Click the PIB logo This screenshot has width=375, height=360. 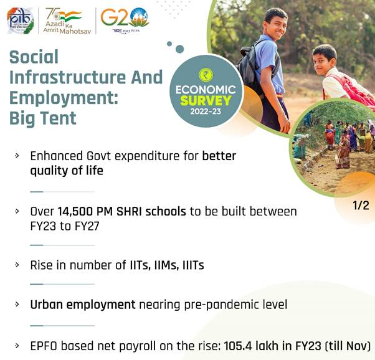[x=21, y=21]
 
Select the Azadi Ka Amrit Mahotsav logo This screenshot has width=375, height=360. [x=67, y=21]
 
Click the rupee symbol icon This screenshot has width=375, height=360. [x=206, y=74]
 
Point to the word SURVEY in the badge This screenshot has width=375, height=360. [x=206, y=100]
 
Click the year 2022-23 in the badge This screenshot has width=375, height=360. [x=206, y=111]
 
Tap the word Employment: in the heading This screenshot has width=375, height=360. [x=64, y=98]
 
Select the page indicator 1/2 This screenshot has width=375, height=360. [x=361, y=206]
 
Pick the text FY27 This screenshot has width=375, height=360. [x=87, y=226]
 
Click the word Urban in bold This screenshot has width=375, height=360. [x=47, y=305]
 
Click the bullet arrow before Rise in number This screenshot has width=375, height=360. [x=17, y=265]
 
